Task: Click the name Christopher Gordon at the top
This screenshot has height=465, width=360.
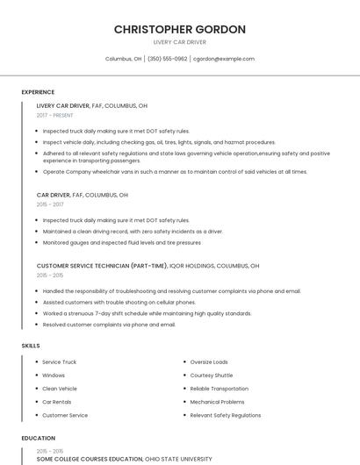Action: (x=179, y=30)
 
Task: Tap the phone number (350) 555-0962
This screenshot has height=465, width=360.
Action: (x=167, y=59)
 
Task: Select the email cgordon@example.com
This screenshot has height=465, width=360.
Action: (x=224, y=59)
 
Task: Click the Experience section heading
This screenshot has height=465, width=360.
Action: (x=38, y=92)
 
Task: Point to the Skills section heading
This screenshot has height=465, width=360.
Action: (x=31, y=346)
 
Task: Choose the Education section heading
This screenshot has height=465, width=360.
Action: (x=39, y=438)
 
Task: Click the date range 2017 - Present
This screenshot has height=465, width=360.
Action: (x=55, y=115)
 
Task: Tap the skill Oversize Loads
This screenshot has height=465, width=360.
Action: (x=209, y=361)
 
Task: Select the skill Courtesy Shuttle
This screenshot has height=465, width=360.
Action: (x=212, y=375)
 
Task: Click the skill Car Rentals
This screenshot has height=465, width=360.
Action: (x=58, y=402)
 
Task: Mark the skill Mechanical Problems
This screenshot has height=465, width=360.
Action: (x=217, y=402)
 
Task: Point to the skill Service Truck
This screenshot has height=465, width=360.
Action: (x=60, y=361)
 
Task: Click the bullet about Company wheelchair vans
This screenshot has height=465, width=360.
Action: (x=175, y=172)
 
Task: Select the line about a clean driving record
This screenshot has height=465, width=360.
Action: (x=133, y=232)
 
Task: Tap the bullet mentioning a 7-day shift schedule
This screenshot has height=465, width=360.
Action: (x=140, y=313)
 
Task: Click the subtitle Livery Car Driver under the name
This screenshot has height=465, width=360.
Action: (x=179, y=42)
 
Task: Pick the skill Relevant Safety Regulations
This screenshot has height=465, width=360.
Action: (x=226, y=415)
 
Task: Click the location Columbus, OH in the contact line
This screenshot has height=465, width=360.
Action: (x=123, y=59)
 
